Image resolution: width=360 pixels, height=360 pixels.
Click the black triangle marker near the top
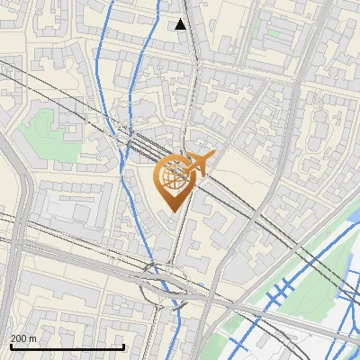point(181,24)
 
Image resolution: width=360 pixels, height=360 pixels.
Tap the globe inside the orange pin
point(172,177)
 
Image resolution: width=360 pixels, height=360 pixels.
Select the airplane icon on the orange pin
point(198,164)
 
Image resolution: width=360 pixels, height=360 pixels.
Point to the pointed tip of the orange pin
point(171,211)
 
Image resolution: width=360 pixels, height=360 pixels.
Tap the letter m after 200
point(34,337)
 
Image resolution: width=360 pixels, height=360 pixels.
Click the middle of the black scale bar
point(67,346)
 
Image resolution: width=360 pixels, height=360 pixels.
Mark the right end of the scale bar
point(123,346)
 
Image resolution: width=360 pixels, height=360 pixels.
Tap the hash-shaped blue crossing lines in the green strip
point(279,292)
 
